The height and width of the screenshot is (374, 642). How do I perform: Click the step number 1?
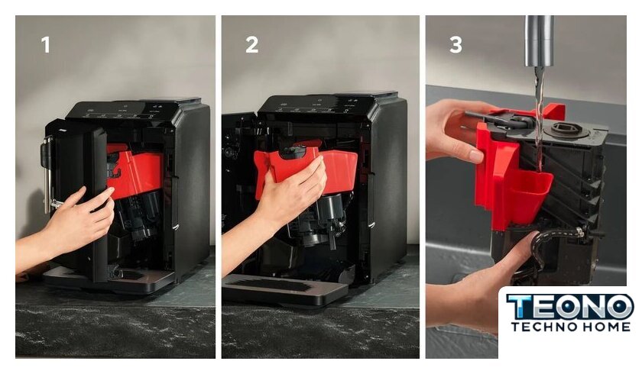(45, 44)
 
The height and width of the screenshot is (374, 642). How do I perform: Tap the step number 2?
(251, 44)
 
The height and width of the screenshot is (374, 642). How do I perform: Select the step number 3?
(456, 44)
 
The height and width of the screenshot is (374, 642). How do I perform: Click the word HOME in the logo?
(605, 327)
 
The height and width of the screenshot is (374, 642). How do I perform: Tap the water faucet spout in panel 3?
(540, 41)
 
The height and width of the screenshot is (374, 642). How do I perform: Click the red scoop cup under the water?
(528, 192)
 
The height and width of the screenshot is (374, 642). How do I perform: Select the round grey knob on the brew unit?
(561, 128)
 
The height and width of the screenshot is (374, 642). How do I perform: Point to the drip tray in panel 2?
(284, 289)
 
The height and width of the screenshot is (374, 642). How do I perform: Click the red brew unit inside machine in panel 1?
(135, 169)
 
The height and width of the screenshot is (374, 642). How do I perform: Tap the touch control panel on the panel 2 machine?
(314, 105)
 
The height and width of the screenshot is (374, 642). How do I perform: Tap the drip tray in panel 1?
(109, 280)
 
